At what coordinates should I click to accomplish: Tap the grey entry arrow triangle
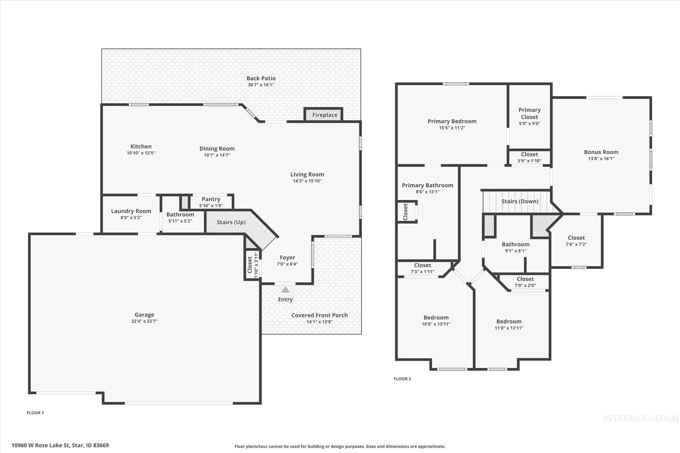[285, 290]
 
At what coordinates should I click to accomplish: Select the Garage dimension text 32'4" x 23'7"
[144, 321]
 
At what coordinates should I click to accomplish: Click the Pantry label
[211, 199]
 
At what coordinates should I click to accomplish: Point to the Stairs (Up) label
[231, 222]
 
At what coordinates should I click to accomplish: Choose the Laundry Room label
[131, 211]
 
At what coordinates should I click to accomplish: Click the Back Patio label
[261, 78]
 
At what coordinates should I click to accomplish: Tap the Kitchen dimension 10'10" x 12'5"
[141, 153]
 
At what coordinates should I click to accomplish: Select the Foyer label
[287, 258]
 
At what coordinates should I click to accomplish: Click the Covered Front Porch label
[319, 315]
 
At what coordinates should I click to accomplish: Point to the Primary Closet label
[529, 113]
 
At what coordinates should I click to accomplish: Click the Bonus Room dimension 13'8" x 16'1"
[601, 159]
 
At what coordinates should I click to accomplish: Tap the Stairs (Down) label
[520, 201]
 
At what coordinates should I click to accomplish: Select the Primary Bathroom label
[427, 185]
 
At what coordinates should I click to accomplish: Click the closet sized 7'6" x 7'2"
[576, 241]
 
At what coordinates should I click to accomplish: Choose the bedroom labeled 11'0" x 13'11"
[509, 325]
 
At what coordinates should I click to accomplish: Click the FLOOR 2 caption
[402, 379]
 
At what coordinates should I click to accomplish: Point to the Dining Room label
[217, 149]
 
